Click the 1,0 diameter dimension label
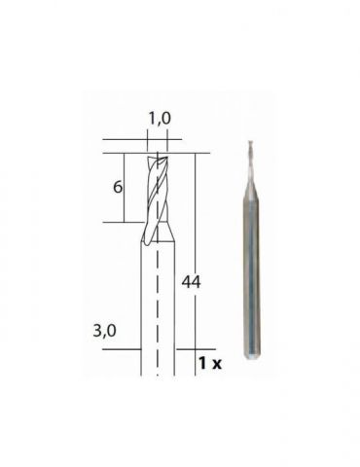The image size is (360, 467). click(x=160, y=119)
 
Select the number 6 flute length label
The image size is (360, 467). click(x=118, y=187)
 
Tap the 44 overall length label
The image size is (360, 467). click(x=191, y=282)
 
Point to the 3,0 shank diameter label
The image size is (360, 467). click(x=104, y=332)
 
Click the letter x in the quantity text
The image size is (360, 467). click(x=215, y=364)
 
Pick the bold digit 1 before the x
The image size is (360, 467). click(x=202, y=363)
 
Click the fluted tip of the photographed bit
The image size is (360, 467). click(x=250, y=162)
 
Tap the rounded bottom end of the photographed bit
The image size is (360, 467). click(x=252, y=353)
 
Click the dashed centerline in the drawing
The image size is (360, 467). click(x=158, y=264)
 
